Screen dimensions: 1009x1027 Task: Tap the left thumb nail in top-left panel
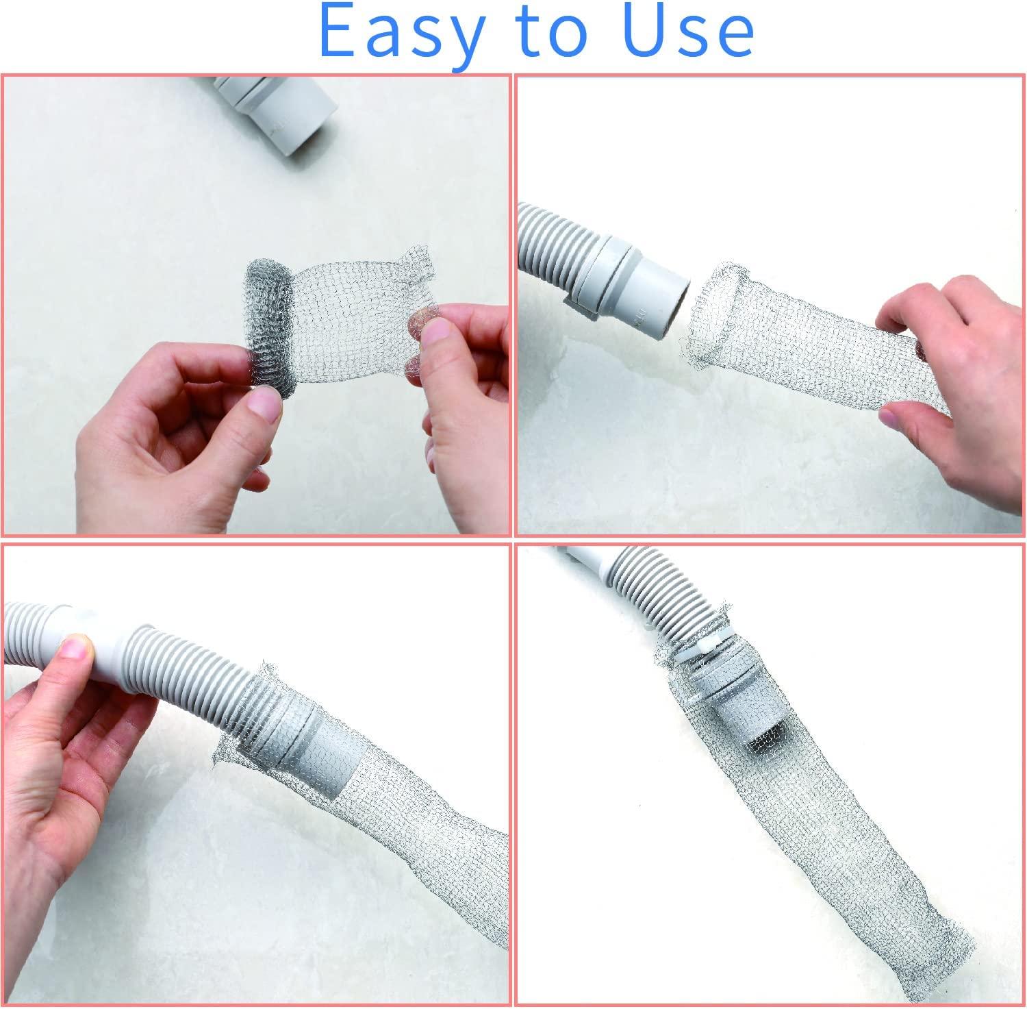pos(266,404)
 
